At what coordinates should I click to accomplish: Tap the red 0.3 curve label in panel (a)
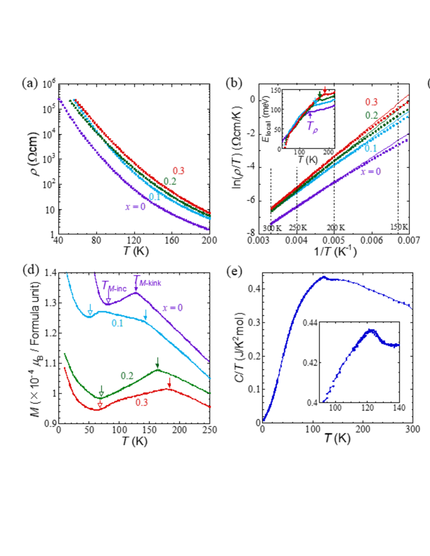coord(178,171)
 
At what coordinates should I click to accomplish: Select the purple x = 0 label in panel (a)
coord(135,207)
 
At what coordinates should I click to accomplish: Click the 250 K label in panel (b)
coord(298,227)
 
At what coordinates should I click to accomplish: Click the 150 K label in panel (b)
coord(399,227)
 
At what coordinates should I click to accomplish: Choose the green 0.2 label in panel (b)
coord(371,115)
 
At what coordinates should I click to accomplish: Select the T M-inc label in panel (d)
coord(114,286)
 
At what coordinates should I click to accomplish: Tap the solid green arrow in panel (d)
coord(157,363)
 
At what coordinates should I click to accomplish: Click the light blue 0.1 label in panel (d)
coord(117,323)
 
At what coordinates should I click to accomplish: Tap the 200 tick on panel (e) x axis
coord(363,429)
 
